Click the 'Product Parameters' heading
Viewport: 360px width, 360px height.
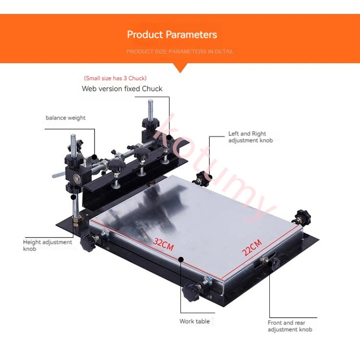coord(172,35)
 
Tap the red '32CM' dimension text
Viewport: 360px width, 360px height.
coord(164,244)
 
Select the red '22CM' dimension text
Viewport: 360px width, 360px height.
coord(252,248)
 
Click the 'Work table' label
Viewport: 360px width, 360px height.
coord(194,321)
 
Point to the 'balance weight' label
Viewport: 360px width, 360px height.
coord(65,118)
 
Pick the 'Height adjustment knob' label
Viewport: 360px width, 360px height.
coord(48,245)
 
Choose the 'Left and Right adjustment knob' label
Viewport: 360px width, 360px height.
coord(251,137)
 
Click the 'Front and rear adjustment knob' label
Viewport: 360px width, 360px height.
coord(290,326)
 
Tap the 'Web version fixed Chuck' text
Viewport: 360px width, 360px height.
coord(122,89)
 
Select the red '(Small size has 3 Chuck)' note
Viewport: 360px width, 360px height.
coord(115,78)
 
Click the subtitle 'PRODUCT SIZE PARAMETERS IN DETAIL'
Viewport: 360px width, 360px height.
coord(180,51)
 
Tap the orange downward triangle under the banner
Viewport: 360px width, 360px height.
coord(180,68)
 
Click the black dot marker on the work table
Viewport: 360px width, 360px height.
coord(181,259)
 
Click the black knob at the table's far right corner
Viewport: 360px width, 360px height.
coord(302,217)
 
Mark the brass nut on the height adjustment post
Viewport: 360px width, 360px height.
coord(76,221)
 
